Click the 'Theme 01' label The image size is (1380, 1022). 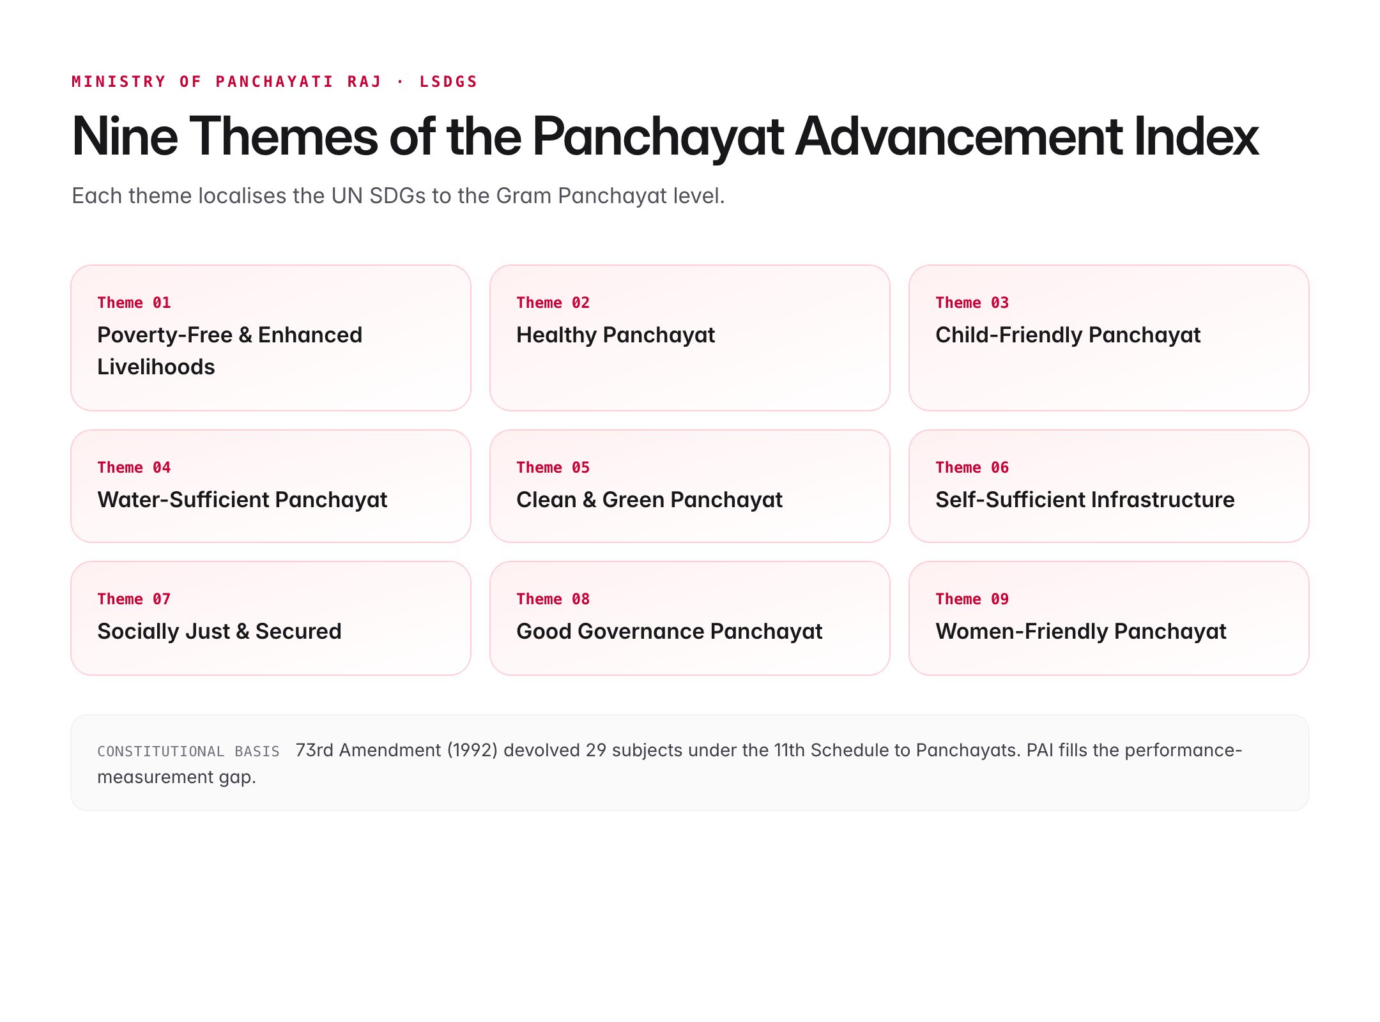tap(134, 303)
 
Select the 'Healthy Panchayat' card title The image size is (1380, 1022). tap(615, 335)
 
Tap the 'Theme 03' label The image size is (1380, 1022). tap(972, 303)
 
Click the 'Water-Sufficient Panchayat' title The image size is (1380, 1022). tap(242, 500)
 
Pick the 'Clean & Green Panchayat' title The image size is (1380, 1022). tap(649, 500)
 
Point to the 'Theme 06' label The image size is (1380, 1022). tap(972, 468)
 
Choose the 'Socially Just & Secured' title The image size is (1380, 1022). tap(219, 631)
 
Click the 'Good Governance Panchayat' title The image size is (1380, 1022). tap(669, 631)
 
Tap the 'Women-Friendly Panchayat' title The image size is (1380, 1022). tap(1080, 631)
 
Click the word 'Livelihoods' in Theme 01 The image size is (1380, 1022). tap(156, 367)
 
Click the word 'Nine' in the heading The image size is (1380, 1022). tap(125, 136)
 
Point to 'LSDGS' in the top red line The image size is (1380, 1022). tap(448, 82)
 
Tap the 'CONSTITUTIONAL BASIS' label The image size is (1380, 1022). tap(188, 751)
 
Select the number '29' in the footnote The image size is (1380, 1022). tap(595, 750)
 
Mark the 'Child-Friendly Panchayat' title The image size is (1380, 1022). tap(1068, 335)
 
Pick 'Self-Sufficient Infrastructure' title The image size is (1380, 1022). tap(1085, 500)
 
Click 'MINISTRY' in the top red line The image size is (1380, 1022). tap(119, 82)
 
